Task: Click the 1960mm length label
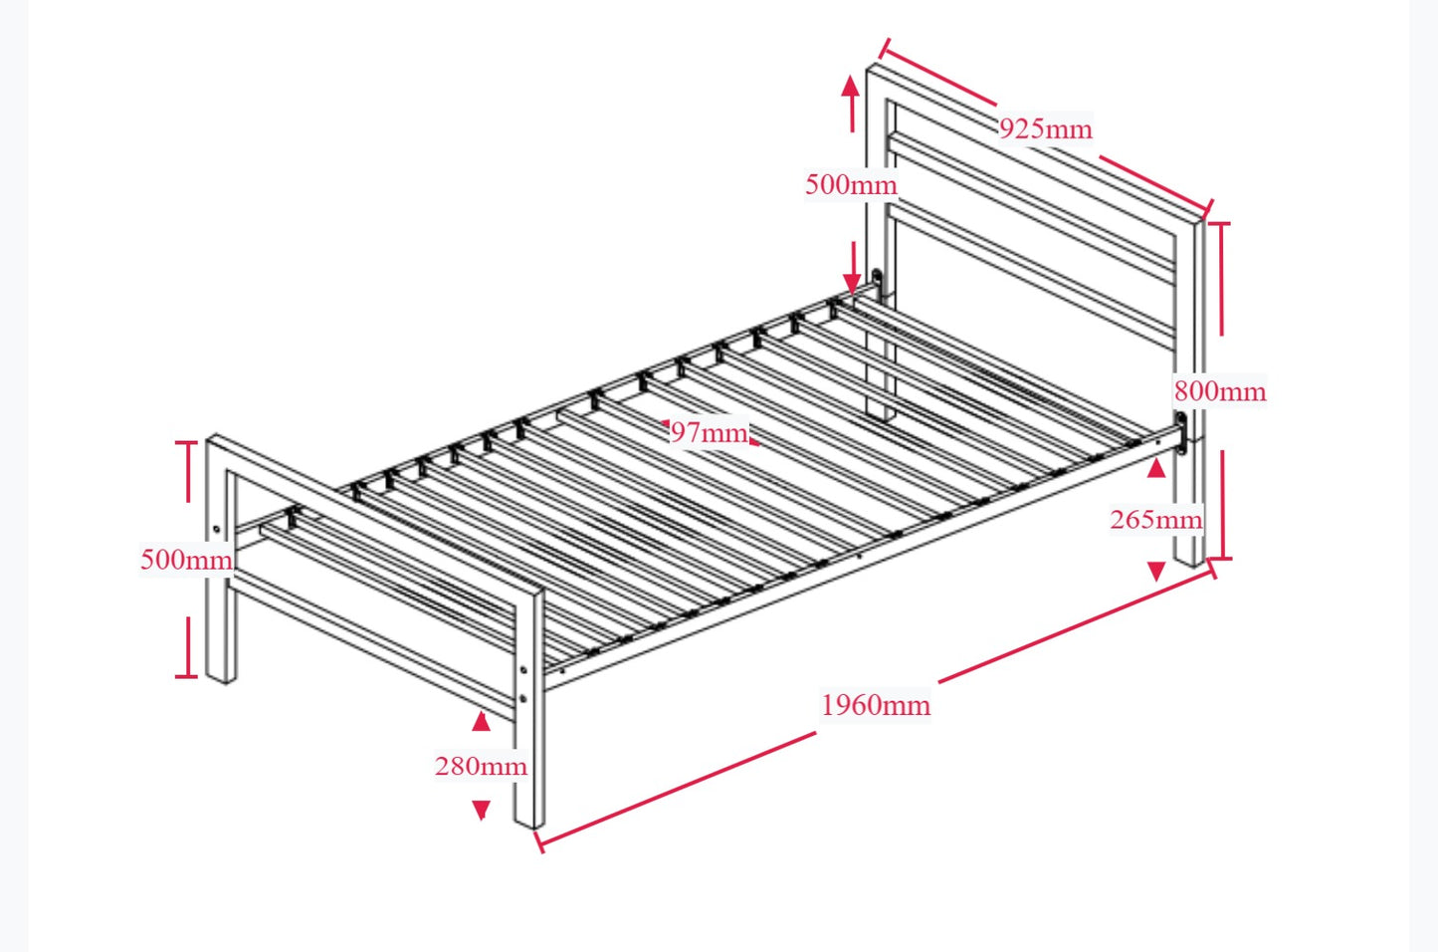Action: click(876, 705)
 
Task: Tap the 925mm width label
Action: click(1045, 128)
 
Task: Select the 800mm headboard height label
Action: click(1219, 391)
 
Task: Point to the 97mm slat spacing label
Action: click(708, 432)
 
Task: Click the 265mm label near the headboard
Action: click(1155, 519)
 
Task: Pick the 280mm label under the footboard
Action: click(481, 766)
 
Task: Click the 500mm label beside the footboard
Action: click(186, 560)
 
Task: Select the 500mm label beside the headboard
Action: click(851, 184)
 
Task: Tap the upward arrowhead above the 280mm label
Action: click(481, 722)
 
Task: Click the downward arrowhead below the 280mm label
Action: click(481, 810)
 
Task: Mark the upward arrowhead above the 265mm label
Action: click(1155, 468)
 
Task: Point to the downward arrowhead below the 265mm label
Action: click(1155, 571)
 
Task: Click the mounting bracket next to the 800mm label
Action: click(1181, 433)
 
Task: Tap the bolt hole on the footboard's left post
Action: click(217, 529)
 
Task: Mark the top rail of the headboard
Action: click(1035, 139)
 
